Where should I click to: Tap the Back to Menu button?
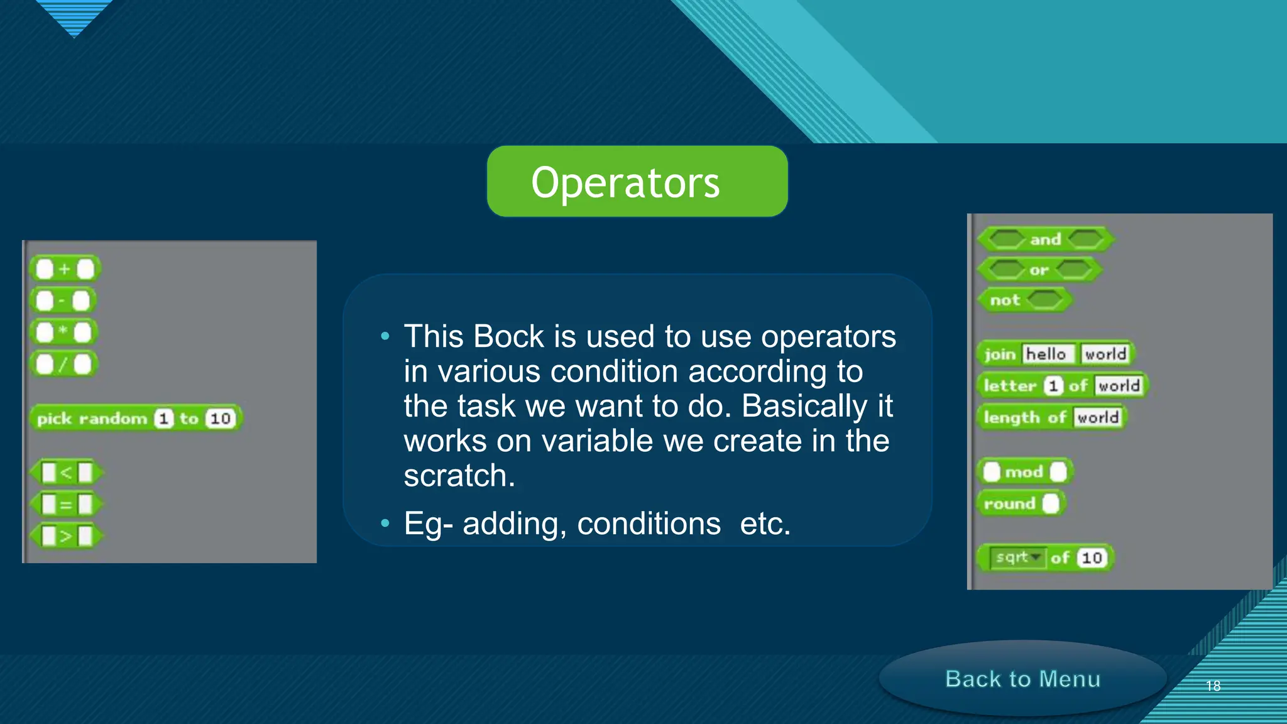(1022, 679)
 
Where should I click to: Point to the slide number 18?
(1213, 686)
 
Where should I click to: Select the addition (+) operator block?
(65, 270)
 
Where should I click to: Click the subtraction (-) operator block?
(63, 301)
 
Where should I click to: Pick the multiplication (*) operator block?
(63, 332)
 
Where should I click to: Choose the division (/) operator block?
(63, 364)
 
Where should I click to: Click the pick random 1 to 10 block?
(135, 419)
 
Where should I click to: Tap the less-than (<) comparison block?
(66, 473)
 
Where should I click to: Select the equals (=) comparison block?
(66, 504)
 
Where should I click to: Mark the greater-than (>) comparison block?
(66, 536)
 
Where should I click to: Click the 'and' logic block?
(1045, 239)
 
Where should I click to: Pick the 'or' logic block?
(1039, 270)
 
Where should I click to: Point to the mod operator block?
(1024, 472)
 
